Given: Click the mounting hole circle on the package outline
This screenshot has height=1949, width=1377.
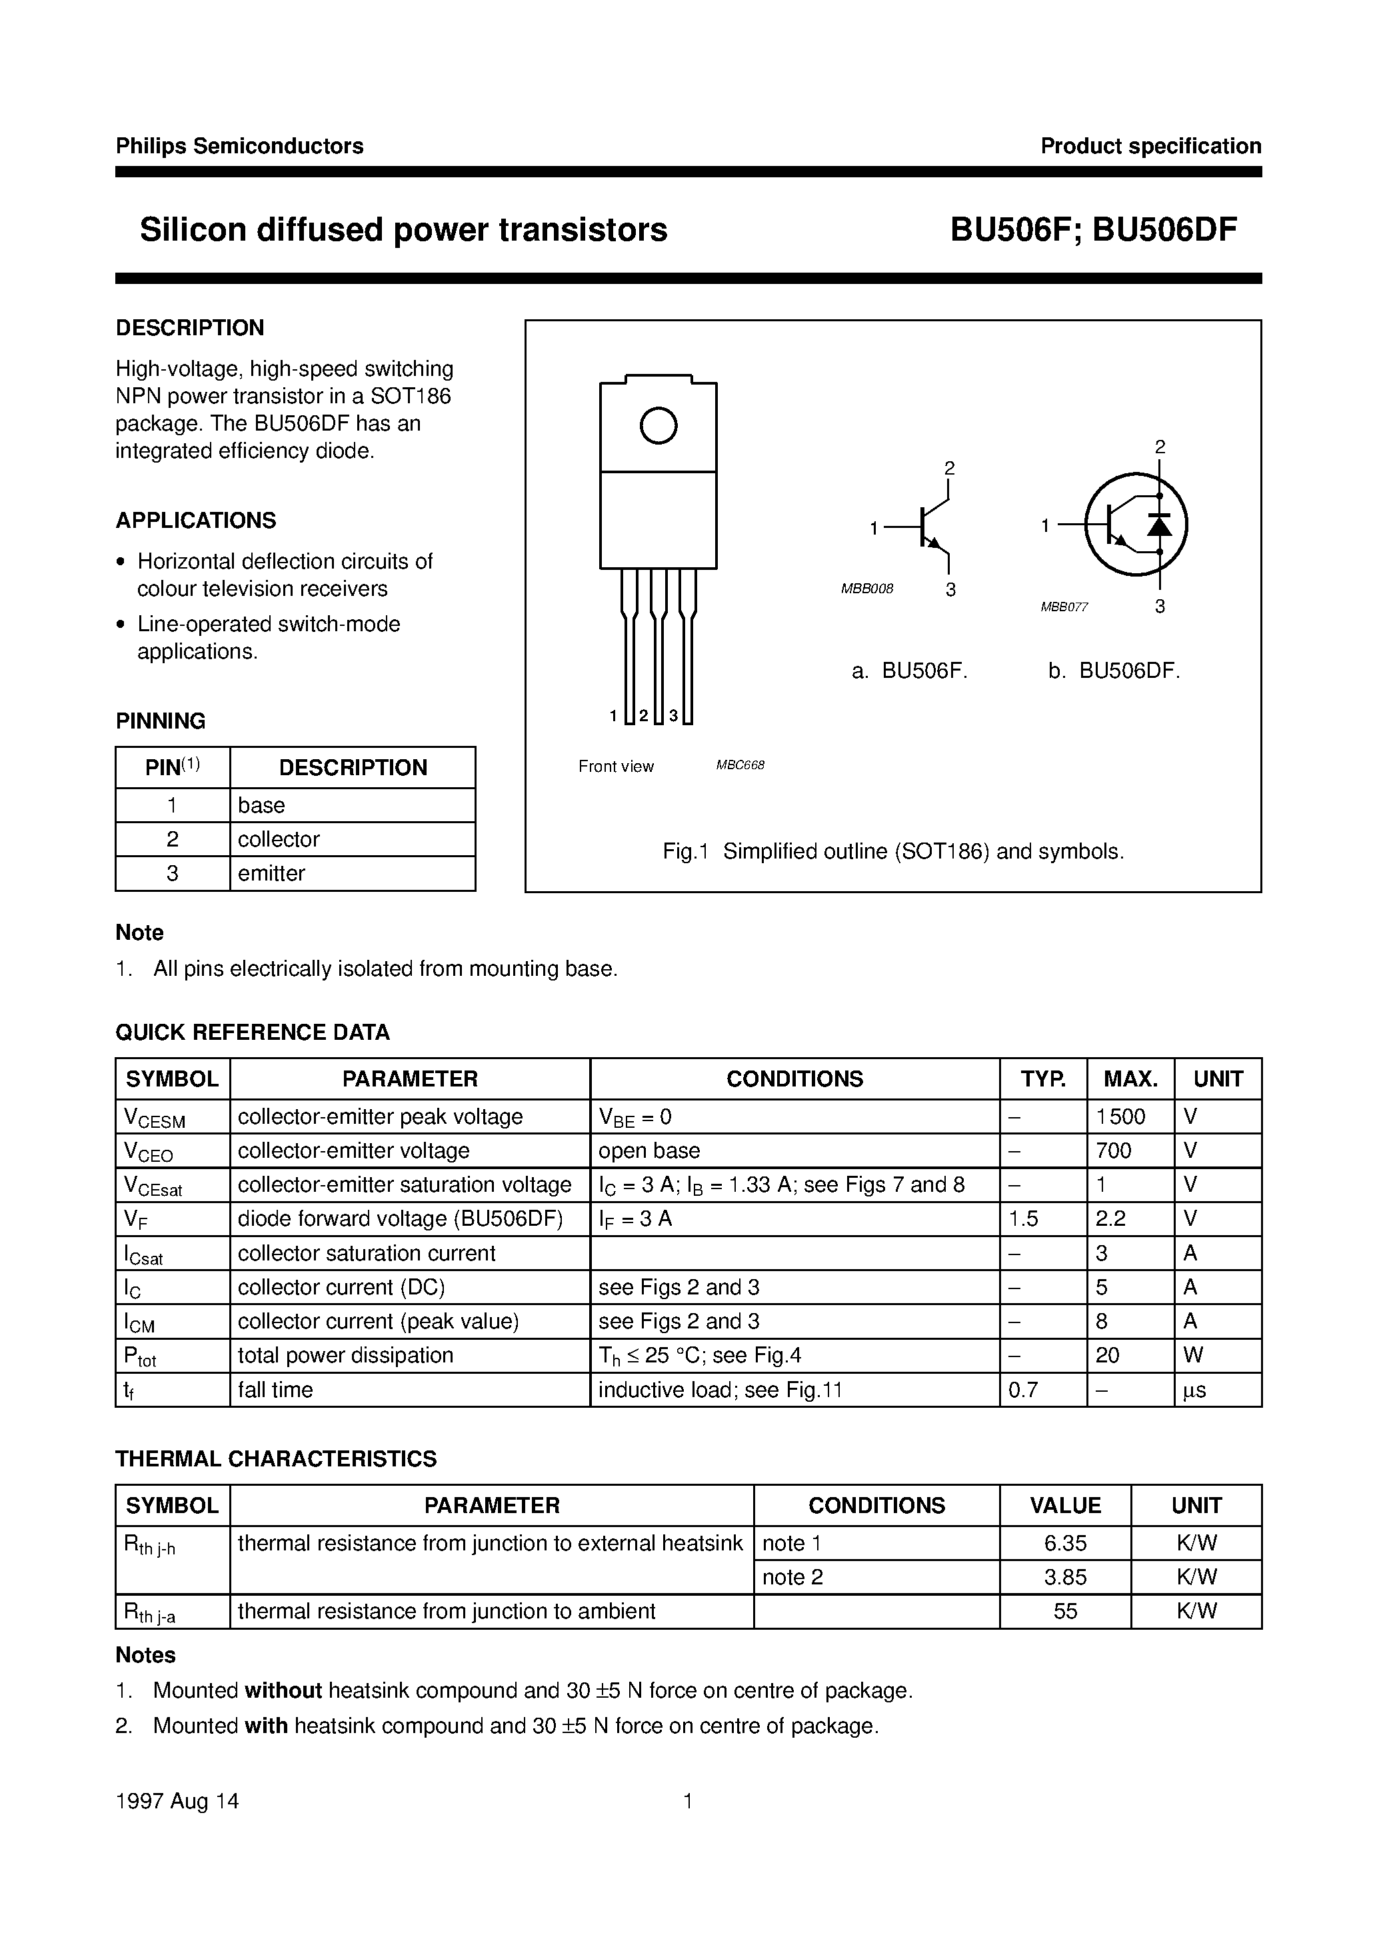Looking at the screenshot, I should pos(658,425).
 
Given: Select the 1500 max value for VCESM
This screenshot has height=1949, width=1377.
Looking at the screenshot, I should pos(1120,1116).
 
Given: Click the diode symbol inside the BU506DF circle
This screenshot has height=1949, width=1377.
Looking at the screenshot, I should pos(1159,525).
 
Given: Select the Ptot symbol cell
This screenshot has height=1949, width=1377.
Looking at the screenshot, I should pos(140,1356).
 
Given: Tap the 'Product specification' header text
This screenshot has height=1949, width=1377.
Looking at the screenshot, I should pos(1150,146).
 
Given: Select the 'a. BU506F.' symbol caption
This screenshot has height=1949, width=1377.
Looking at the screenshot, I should pos(909,671).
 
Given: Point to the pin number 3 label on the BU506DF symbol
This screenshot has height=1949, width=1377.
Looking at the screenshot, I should pos(1160,606).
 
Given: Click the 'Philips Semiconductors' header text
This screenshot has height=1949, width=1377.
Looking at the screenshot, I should pos(239,146).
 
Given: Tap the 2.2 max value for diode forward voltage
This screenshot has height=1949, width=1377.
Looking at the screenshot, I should pos(1110,1219).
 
